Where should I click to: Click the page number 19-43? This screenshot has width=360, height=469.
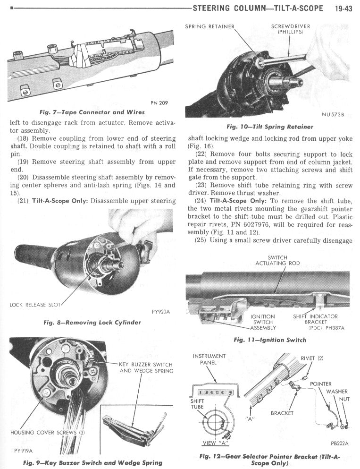point(343,8)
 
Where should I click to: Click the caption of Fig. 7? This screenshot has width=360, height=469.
point(92,112)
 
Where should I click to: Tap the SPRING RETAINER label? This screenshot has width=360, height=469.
point(210,26)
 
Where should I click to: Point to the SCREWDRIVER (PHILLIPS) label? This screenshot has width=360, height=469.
point(290,29)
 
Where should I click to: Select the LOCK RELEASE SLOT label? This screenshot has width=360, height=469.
point(35,305)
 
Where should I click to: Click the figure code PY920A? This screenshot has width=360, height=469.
point(161,312)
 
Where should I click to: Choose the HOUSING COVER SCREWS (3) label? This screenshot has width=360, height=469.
point(48,433)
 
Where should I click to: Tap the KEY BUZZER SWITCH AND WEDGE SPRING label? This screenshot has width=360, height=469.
point(146,367)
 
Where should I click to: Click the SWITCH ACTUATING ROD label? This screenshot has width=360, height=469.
point(277,260)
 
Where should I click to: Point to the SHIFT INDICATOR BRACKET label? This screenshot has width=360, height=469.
point(316,319)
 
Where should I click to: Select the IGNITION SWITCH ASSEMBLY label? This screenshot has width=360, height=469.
point(263,322)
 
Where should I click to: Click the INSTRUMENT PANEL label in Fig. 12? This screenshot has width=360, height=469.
point(209,359)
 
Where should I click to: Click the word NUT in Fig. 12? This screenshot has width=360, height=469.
point(344,399)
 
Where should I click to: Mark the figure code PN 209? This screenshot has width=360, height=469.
point(159,103)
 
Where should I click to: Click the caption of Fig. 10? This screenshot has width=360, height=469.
point(270,127)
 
